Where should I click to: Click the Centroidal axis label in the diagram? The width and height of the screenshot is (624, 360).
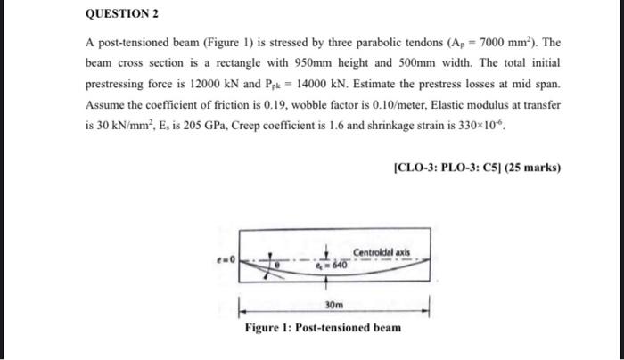[382, 253]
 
